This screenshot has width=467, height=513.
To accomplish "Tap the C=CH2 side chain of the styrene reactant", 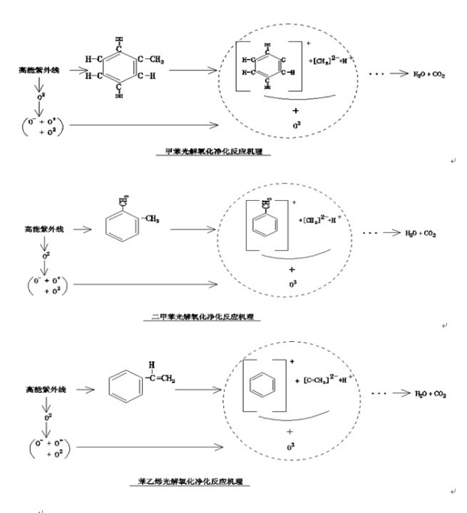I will [x=162, y=373].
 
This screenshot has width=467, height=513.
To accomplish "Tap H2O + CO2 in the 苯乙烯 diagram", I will [x=429, y=395].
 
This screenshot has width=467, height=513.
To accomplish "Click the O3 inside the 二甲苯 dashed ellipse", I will [x=292, y=286].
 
